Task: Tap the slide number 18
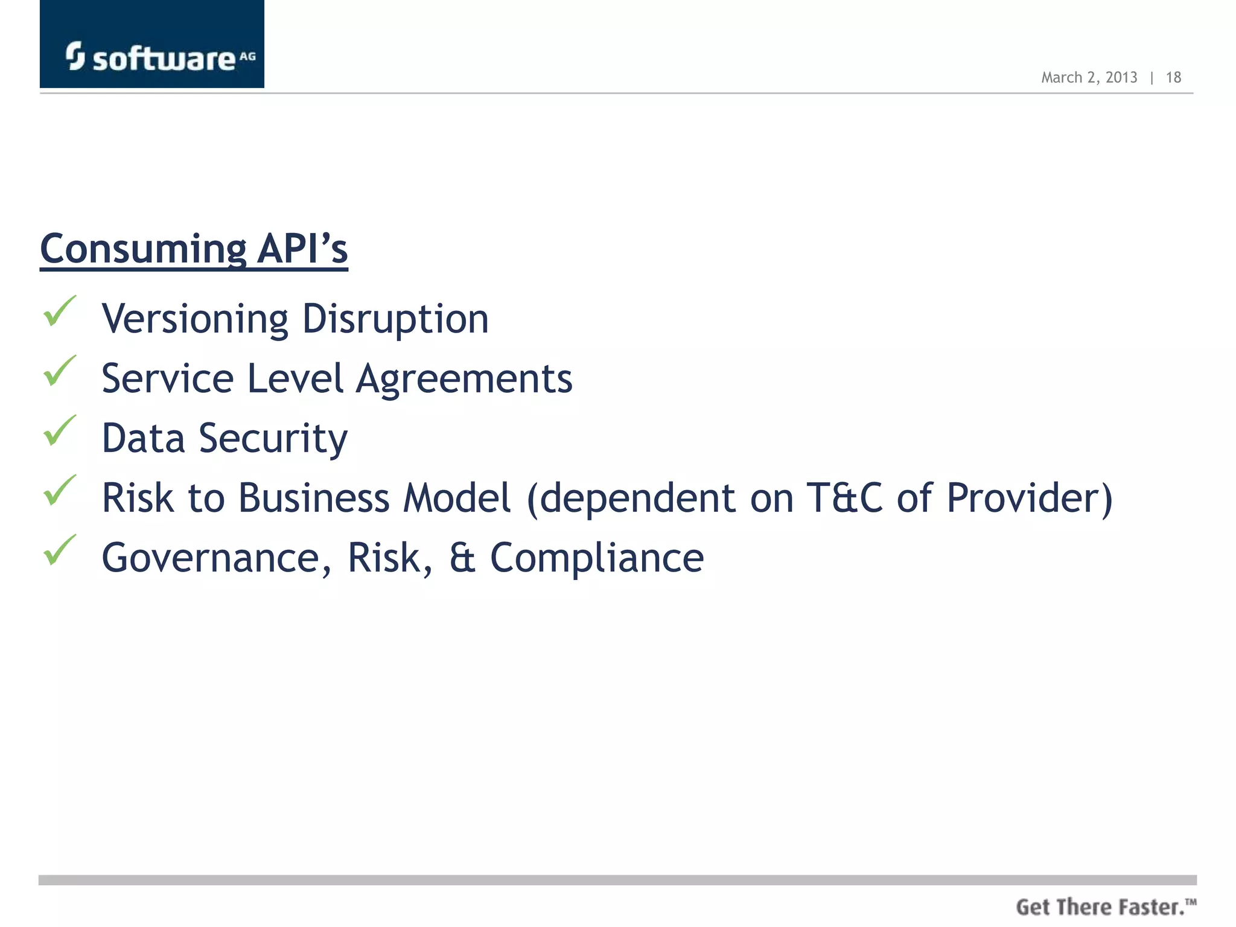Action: [x=1173, y=77]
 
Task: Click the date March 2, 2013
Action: [x=1089, y=77]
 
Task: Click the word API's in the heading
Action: [x=302, y=249]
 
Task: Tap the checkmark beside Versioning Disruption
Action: [x=60, y=311]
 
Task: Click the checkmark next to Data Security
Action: [x=60, y=431]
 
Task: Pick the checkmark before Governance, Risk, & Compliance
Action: [x=60, y=550]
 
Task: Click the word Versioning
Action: [x=195, y=319]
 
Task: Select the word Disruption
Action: [x=395, y=319]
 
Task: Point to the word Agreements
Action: [x=463, y=379]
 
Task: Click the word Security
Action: [x=273, y=439]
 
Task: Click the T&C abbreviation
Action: [x=845, y=499]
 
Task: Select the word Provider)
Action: [x=1029, y=499]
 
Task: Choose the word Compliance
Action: [x=596, y=558]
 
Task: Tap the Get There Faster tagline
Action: [x=1106, y=907]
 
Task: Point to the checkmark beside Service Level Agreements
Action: [x=60, y=371]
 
